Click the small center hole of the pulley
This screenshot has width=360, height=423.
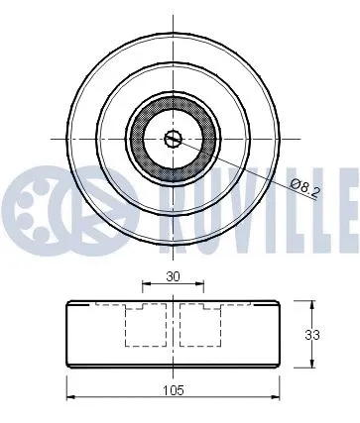tap(173, 139)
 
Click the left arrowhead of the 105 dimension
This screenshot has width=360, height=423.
tap(68, 399)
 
